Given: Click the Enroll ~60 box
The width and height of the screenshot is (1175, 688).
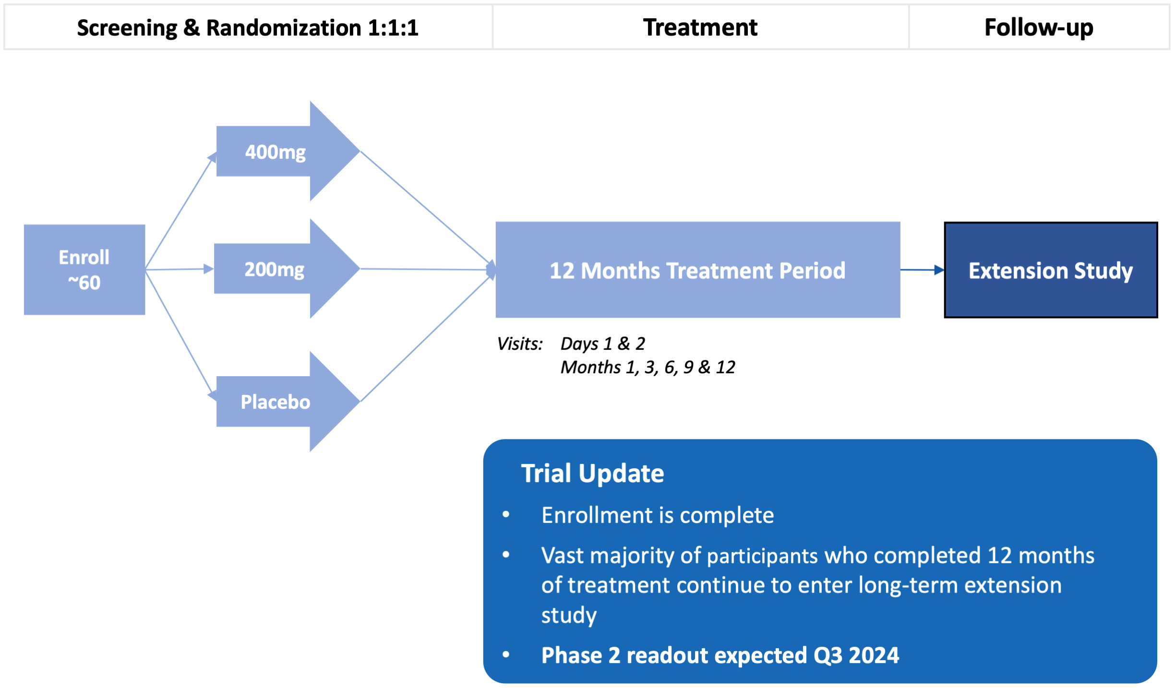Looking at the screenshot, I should (84, 270).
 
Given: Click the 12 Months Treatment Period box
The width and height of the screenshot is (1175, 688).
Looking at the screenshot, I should (697, 270).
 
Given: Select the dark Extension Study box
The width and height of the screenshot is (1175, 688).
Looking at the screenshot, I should (1050, 270).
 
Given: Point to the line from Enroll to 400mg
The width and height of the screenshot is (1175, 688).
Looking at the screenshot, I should (179, 213).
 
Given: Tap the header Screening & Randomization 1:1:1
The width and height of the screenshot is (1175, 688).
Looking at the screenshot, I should (248, 27).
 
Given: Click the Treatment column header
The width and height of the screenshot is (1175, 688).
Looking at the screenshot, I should (700, 27).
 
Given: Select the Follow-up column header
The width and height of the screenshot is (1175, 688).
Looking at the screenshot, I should (1039, 27).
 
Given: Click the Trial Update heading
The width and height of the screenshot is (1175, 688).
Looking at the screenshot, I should (592, 474).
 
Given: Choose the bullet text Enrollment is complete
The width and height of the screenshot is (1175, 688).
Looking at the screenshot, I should (657, 515).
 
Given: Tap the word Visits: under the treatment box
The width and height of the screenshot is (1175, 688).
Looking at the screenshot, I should (519, 344).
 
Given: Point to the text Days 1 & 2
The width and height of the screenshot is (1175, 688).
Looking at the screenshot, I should (602, 344).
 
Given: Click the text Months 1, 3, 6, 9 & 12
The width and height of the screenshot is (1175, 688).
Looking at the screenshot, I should (647, 367).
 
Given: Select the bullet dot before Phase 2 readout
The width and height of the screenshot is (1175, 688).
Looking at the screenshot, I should (506, 654).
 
